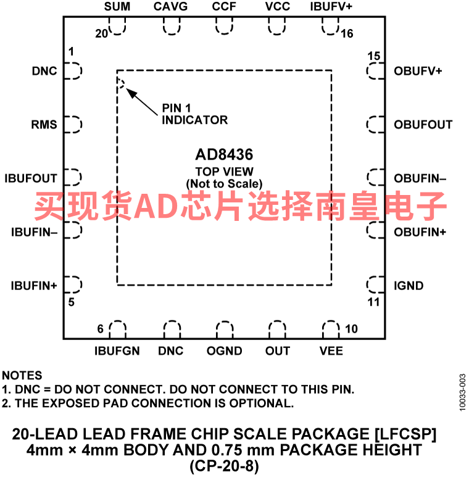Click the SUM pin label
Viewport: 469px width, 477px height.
[x=117, y=7]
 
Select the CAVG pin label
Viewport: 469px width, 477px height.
[x=170, y=7]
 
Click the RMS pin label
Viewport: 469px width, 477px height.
[x=44, y=125]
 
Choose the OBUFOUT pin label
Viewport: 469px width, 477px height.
[x=423, y=125]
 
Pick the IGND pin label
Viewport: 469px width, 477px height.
[x=409, y=286]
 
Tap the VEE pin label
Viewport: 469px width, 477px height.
[x=331, y=350]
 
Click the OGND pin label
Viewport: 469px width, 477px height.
[x=225, y=350]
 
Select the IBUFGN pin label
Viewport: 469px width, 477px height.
[x=117, y=350]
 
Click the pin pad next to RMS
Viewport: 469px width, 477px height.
[x=74, y=125]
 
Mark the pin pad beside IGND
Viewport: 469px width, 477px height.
[x=375, y=284]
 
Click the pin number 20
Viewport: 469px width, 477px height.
[x=101, y=34]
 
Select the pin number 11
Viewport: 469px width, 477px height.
[x=374, y=302]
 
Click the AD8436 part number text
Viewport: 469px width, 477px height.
[x=225, y=155]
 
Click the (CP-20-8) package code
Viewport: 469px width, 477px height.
[x=225, y=465]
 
